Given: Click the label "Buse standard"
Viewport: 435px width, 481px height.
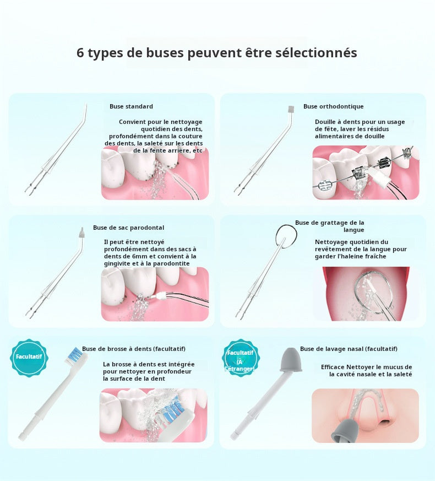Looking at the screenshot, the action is (131, 106).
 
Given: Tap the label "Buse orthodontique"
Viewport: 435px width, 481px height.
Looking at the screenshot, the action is (334, 106).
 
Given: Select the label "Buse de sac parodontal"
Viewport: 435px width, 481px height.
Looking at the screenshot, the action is (128, 228).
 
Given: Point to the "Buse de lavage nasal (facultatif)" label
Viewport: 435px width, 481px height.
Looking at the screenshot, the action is (349, 349).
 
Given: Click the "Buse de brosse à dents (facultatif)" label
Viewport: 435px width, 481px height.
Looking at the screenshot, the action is (134, 349).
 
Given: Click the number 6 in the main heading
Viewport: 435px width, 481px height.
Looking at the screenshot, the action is (80, 53).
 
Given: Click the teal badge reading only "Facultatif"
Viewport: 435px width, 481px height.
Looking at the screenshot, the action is (29, 357).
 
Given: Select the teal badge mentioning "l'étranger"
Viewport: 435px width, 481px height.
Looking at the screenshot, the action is (240, 358).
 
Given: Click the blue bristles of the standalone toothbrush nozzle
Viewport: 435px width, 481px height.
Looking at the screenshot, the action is (74, 355).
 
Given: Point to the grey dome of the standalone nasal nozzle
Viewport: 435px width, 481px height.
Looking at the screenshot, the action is (290, 359).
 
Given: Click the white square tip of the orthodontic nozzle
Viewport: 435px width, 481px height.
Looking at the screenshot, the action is (291, 109).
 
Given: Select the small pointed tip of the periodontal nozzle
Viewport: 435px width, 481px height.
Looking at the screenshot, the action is (81, 233).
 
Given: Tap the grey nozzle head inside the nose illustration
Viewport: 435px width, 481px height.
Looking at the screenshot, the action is (345, 431).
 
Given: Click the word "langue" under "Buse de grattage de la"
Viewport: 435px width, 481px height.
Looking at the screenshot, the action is (354, 230).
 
